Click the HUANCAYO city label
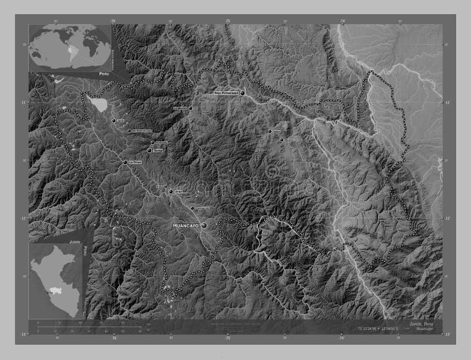(185, 226)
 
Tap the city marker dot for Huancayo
(204, 225)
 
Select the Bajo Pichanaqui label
(225, 93)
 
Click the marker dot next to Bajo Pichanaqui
(243, 92)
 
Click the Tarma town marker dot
(150, 151)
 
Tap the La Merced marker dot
(190, 108)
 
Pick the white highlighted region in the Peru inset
(57, 290)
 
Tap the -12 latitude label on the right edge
(447, 219)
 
